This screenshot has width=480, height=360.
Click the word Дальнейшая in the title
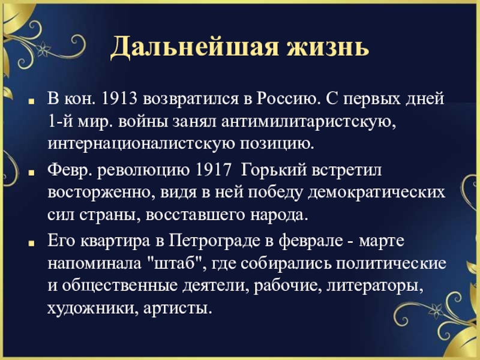click(194, 47)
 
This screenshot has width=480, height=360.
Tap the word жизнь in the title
click(328, 47)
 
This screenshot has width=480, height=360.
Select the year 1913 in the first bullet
click(119, 99)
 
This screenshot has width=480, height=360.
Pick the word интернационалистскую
click(140, 143)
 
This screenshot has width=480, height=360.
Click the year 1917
click(213, 170)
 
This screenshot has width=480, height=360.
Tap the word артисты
click(178, 308)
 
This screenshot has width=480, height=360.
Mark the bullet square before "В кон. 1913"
click(31, 101)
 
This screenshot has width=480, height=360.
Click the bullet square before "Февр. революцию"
click(31, 172)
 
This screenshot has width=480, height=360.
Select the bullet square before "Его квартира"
click(31, 244)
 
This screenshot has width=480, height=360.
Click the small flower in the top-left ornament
click(43, 49)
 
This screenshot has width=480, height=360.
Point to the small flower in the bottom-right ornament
click(435, 311)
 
